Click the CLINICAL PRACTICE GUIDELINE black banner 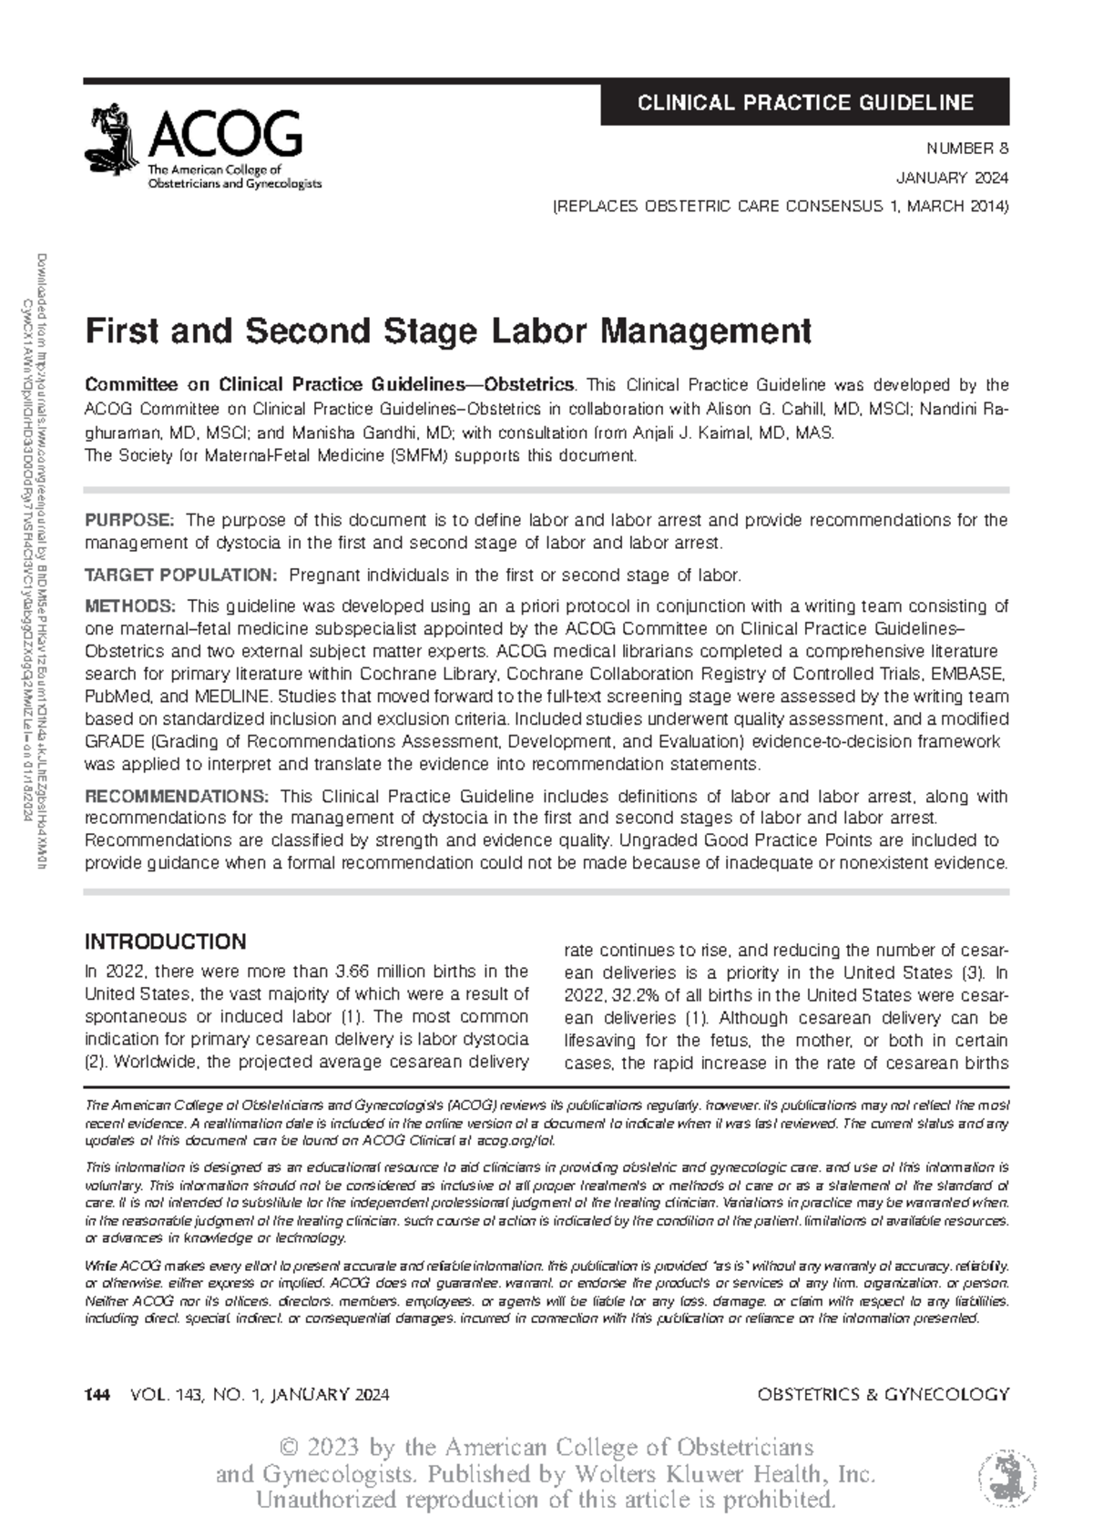805,102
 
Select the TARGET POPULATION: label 179,575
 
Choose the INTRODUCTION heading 165,941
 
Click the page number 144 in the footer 97,1394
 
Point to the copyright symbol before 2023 291,1447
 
